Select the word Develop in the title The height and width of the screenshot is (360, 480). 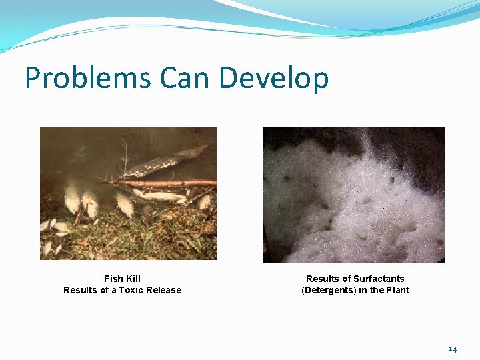(274, 79)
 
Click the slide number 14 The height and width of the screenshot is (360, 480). (453, 349)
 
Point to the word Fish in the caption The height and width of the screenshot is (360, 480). (113, 279)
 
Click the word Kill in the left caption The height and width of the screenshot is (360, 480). (133, 279)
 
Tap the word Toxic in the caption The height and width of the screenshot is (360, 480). (131, 290)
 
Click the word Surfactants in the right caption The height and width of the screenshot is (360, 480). (379, 279)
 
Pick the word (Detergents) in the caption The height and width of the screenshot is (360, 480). (327, 290)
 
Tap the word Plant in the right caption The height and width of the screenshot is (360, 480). (398, 290)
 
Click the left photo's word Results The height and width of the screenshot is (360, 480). (80, 290)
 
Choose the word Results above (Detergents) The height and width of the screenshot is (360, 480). (323, 279)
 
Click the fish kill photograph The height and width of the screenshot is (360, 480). (128, 193)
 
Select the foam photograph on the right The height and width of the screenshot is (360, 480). (353, 195)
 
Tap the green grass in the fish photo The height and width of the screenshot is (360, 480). (133, 237)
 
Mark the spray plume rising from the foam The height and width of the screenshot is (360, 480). (365, 143)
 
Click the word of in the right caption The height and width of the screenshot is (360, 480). (347, 279)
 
